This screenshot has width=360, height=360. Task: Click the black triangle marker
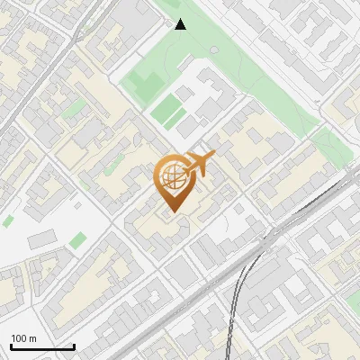point(181,24)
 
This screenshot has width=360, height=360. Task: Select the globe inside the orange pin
point(172,180)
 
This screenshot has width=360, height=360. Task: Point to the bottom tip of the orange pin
point(172,212)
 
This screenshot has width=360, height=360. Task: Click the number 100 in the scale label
point(20,338)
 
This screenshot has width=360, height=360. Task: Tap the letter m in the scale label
point(33,338)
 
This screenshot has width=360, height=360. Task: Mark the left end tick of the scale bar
point(11,346)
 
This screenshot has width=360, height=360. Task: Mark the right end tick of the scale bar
point(74,346)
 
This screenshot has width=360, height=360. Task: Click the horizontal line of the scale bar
point(42,347)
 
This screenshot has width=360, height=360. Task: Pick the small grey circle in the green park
point(212,49)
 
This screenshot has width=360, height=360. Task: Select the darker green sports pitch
point(168,112)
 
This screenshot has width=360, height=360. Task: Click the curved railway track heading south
point(236,306)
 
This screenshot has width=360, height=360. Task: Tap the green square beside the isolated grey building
point(78,239)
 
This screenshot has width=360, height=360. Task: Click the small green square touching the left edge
point(7,220)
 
